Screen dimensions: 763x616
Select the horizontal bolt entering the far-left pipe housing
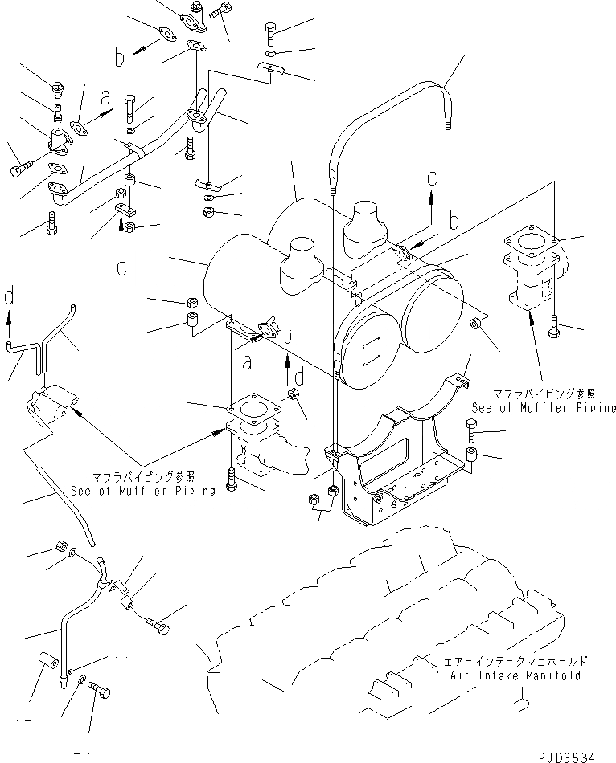pyautogui.click(x=21, y=169)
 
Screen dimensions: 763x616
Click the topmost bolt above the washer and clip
pyautogui.click(x=270, y=34)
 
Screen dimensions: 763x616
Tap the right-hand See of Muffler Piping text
pyautogui.click(x=544, y=407)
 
